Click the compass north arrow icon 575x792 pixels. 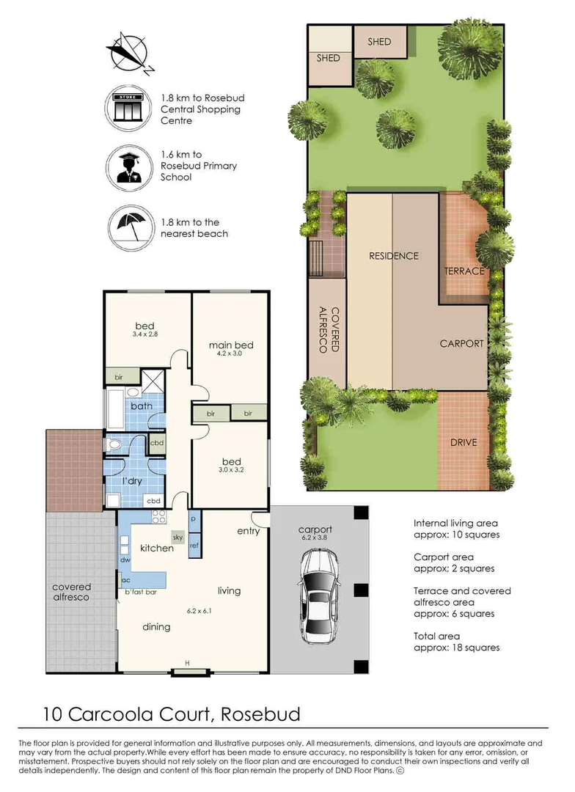tap(128, 54)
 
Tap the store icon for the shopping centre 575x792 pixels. tap(128, 109)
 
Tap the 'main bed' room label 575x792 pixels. tap(231, 345)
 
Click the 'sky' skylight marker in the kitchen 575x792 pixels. tap(178, 537)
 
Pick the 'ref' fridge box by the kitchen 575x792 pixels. tap(194, 545)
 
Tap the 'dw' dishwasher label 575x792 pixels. tap(125, 560)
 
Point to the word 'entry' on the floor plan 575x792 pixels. tap(249, 531)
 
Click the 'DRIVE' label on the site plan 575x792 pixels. tap(464, 442)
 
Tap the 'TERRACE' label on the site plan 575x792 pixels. tap(464, 271)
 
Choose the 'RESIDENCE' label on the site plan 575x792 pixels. tap(393, 256)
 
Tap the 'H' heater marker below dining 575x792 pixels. tap(187, 664)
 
